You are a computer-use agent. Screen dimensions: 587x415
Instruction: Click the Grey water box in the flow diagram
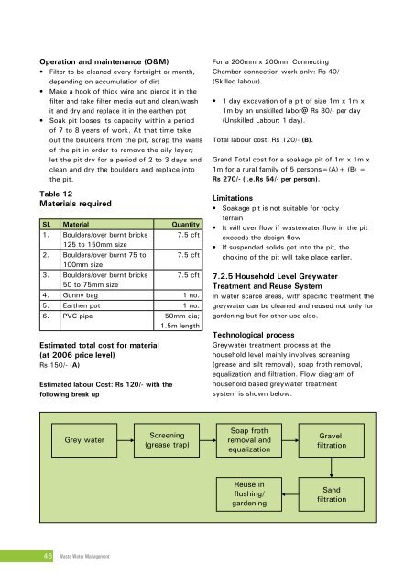pyautogui.click(x=83, y=440)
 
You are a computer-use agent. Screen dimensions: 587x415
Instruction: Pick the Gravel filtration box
pyautogui.click(x=333, y=440)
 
